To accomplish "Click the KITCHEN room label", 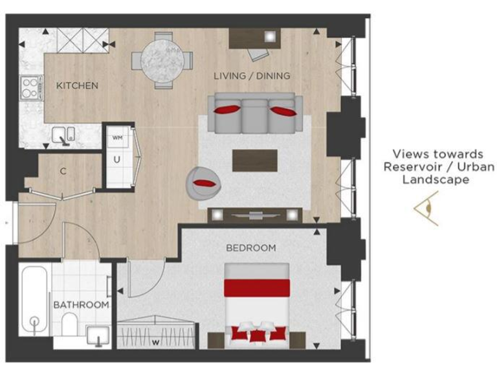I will tap(77, 85).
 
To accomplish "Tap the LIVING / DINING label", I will tap(252, 76).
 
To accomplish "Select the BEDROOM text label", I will tap(250, 247).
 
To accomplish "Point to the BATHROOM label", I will tap(81, 304).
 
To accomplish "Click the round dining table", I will tap(162, 60).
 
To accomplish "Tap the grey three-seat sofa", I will tap(254, 111).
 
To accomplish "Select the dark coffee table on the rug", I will tap(254, 160).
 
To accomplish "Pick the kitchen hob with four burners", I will tap(29, 88).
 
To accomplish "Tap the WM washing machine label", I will tap(117, 137).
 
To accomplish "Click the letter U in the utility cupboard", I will tap(117, 158).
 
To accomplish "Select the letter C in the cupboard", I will tap(63, 172).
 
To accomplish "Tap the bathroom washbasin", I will tap(99, 335).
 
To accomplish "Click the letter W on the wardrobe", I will tap(155, 342).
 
